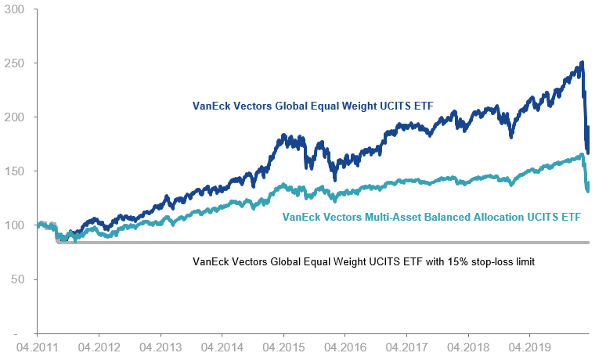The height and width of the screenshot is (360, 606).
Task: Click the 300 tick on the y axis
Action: point(15,9)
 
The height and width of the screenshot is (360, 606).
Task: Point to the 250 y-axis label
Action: point(15,63)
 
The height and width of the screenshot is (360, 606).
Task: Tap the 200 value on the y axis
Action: point(15,117)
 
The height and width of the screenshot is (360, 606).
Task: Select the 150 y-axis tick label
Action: point(15,171)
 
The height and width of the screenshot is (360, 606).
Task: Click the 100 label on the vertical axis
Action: point(15,225)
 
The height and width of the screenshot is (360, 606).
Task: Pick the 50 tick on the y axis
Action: point(17,279)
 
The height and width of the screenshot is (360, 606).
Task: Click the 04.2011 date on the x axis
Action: point(37,345)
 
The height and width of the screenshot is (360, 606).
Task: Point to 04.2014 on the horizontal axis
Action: point(222,345)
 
